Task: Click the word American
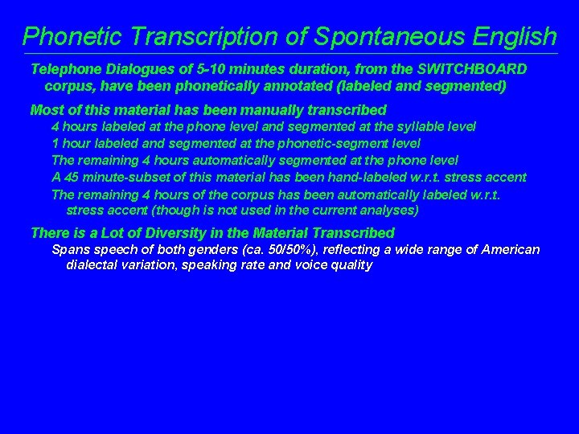(x=511, y=250)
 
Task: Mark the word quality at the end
(x=347, y=264)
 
